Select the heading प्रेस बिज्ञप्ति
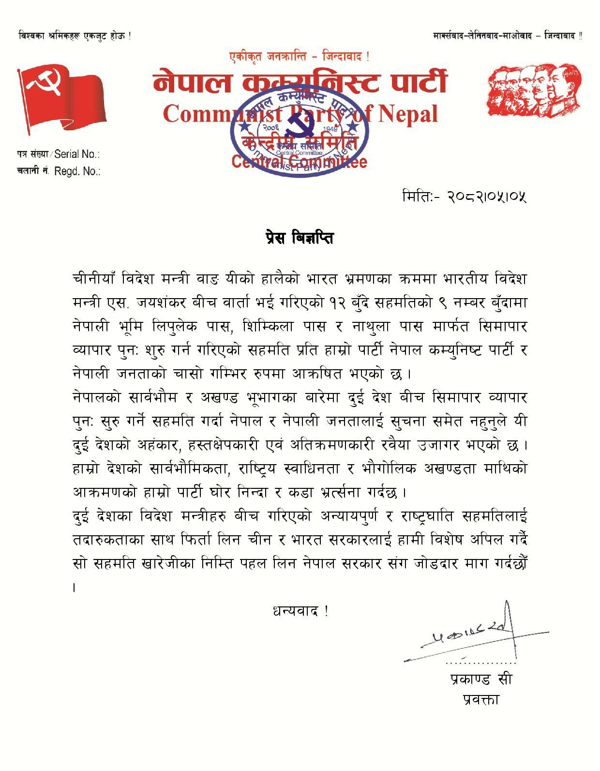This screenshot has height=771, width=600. [300, 239]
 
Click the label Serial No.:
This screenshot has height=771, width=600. [77, 154]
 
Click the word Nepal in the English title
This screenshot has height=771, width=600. [407, 113]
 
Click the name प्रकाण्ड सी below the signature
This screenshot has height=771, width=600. [480, 679]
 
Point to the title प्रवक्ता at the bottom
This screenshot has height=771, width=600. [480, 699]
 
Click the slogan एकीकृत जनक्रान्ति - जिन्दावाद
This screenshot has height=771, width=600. [300, 57]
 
